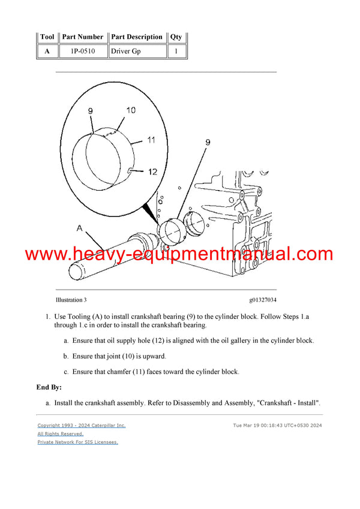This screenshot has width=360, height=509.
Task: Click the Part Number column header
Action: coord(83,37)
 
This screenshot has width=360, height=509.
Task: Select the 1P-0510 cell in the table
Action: coord(83,52)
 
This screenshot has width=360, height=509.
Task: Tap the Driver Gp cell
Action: coord(137,52)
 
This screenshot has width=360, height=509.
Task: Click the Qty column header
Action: coord(176,37)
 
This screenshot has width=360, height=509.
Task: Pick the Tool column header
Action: coord(47,37)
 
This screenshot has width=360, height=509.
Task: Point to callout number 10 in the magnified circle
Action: coord(131,110)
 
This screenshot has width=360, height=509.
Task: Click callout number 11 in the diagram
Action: coord(151,140)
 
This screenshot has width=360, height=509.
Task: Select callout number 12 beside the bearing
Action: coord(152,172)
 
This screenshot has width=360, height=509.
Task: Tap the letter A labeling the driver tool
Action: coord(79,227)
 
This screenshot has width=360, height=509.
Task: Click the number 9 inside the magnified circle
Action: coord(90,111)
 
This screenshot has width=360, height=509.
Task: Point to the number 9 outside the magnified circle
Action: coord(208,142)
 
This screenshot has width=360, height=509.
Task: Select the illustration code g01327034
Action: coord(263,300)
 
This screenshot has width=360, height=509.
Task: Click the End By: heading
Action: coord(49,387)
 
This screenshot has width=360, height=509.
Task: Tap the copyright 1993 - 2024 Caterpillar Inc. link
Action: coord(82,425)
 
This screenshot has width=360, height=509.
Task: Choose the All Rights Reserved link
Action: coord(61,433)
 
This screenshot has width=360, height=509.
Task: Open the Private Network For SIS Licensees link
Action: coord(78,442)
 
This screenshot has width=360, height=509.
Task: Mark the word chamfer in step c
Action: coord(123,372)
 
